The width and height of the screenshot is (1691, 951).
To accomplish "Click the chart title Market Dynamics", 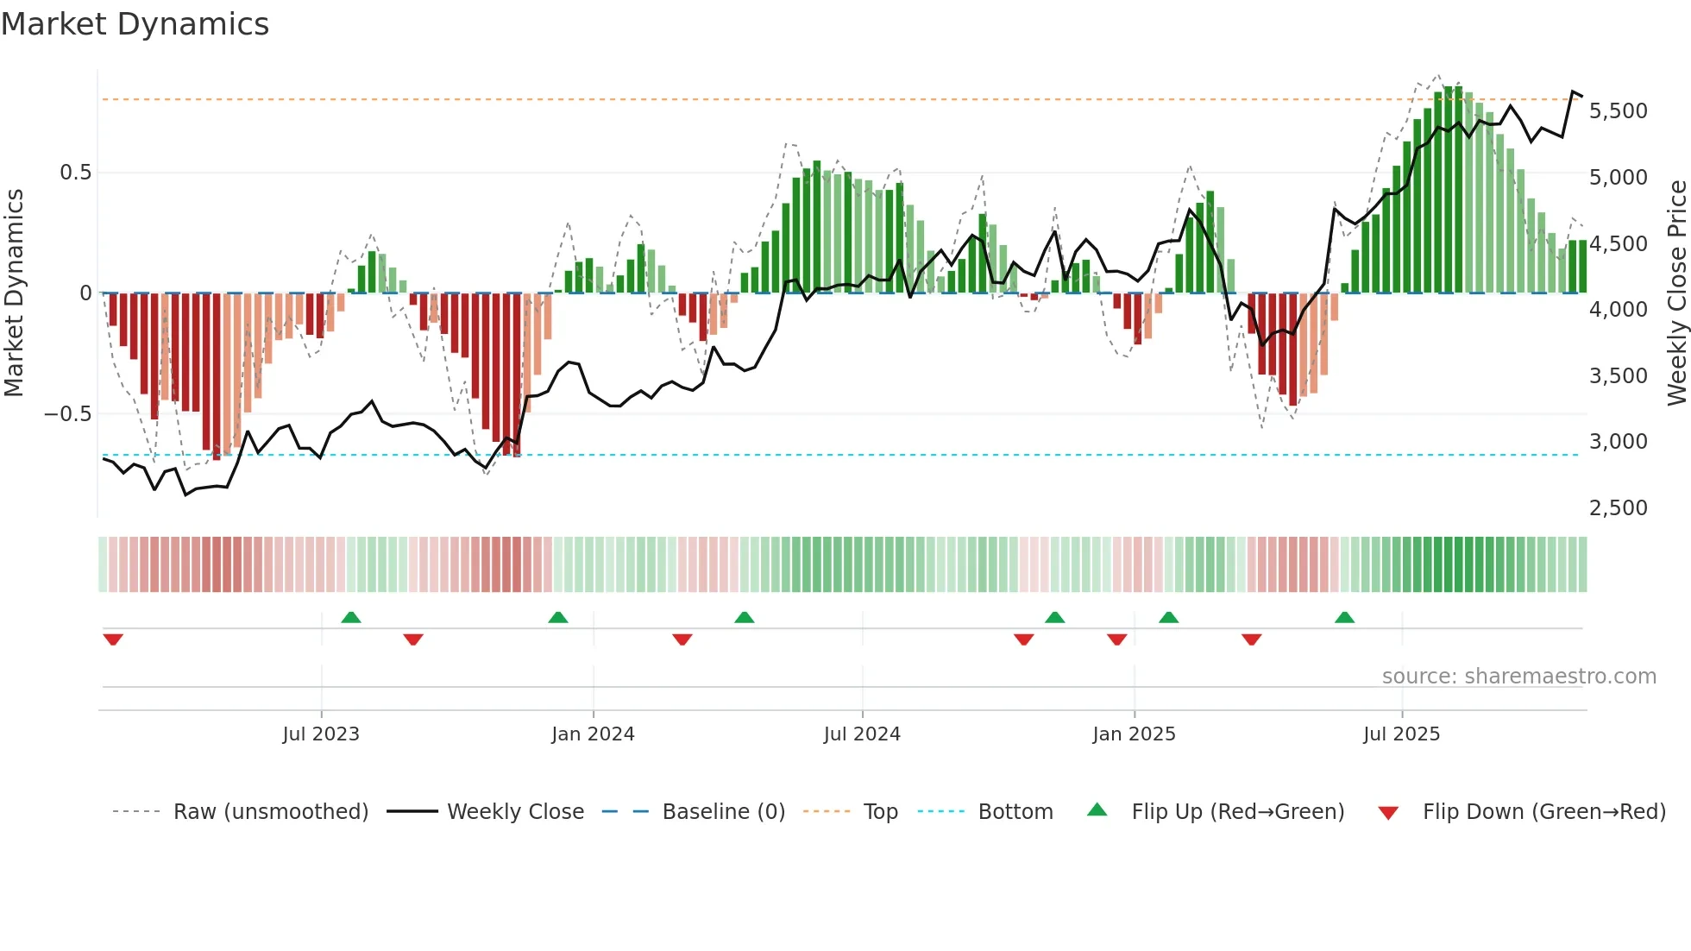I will coord(135,24).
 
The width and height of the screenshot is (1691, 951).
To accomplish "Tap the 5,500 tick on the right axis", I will coord(1618,111).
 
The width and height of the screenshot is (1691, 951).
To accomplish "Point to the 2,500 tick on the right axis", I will coord(1618,508).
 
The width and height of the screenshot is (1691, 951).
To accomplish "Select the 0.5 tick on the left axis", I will coord(75,173).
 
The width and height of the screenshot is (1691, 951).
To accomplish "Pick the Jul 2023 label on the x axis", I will coord(320,734).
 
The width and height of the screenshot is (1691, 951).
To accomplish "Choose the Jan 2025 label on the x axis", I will coord(1133,734).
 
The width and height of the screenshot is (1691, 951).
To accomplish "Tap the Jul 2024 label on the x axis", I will coord(861,734).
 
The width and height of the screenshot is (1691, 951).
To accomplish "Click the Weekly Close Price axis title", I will coord(1676,293).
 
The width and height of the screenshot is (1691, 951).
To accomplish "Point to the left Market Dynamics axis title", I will coord(14,293).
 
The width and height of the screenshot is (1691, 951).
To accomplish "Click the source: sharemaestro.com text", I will coord(1518,677).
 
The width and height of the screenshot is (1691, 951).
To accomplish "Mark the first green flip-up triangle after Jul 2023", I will coord(350,617).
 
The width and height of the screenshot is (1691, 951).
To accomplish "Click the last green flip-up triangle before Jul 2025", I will coord(1344,617).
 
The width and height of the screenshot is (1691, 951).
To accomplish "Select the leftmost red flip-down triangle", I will coord(113,639).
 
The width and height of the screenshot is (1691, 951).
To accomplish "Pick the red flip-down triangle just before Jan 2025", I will coord(1116,639).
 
